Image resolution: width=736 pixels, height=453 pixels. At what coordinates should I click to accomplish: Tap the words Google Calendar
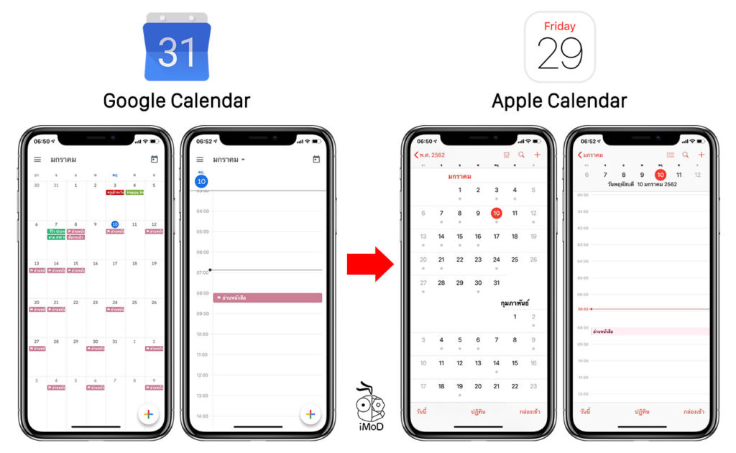(176, 100)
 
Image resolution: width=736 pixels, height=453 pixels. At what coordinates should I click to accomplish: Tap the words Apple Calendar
(559, 100)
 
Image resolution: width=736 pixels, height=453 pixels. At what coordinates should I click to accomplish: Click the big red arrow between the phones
(369, 264)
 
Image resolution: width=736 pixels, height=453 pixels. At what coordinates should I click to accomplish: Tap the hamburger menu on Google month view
(37, 160)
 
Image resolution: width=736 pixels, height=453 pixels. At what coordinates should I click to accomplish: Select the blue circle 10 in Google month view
(115, 224)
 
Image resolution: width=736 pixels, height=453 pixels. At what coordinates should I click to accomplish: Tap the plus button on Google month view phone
(147, 413)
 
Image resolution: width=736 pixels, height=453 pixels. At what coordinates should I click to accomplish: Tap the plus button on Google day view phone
(310, 413)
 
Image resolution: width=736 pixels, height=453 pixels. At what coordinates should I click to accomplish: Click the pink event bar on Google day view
(267, 298)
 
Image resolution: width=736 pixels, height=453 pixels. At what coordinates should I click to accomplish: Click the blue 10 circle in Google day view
(201, 181)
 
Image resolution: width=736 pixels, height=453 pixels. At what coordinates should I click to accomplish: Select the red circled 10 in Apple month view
(496, 213)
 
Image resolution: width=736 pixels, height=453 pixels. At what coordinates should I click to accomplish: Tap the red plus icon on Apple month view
(537, 155)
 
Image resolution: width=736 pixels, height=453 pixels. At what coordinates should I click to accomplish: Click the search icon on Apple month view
(521, 155)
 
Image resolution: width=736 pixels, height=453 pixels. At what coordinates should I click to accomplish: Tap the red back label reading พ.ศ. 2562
(430, 155)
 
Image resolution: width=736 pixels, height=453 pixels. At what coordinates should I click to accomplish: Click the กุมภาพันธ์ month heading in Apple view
(515, 303)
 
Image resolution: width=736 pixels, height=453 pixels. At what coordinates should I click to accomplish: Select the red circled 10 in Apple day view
(660, 175)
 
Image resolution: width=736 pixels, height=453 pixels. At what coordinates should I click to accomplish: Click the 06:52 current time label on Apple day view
(584, 309)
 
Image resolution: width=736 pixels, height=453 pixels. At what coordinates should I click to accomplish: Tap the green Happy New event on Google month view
(134, 192)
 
